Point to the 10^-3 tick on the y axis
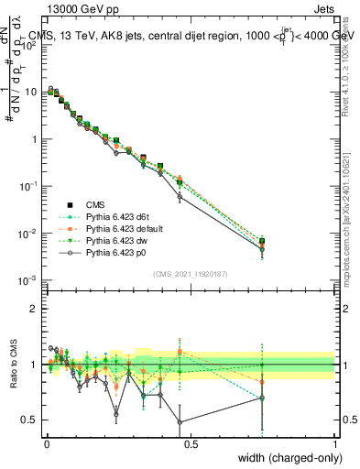29,280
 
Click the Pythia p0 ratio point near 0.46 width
180,422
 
